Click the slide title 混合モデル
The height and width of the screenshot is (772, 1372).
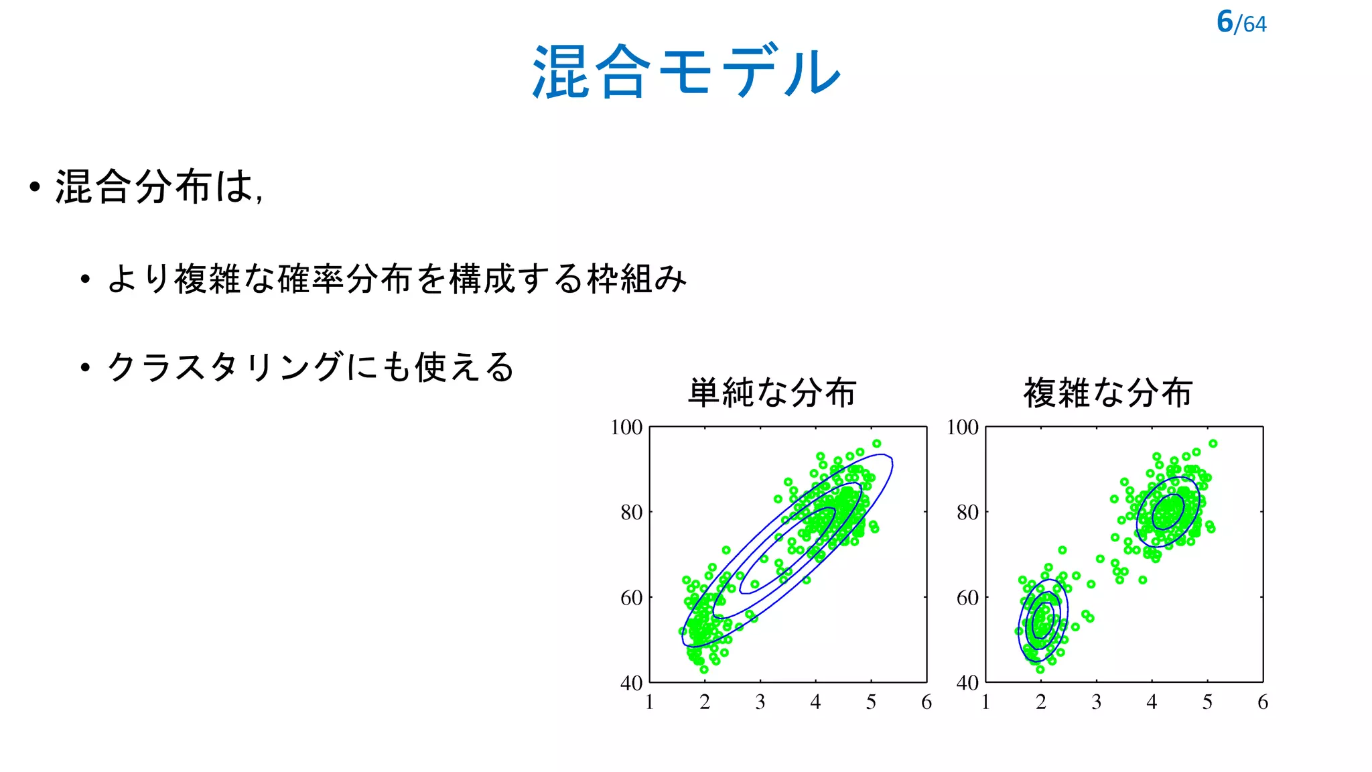click(x=686, y=72)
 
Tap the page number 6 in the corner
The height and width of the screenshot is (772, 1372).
click(x=1225, y=21)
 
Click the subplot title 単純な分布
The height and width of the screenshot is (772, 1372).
click(x=772, y=392)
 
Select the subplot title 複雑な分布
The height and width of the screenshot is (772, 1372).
click(x=1108, y=392)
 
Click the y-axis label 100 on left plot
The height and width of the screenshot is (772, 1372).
click(x=626, y=428)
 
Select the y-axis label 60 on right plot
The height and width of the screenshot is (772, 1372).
click(x=967, y=598)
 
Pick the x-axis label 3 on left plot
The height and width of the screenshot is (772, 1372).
click(x=760, y=702)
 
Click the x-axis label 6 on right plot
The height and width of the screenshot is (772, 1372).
click(x=1263, y=702)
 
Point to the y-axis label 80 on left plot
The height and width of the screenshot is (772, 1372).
click(x=631, y=513)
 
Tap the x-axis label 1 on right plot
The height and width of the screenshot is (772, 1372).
click(x=985, y=702)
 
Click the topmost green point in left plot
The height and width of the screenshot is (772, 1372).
click(x=877, y=444)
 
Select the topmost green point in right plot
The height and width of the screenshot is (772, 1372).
click(x=1213, y=444)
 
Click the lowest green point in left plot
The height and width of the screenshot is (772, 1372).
click(x=703, y=669)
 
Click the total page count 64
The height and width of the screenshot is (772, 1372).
click(x=1255, y=25)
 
